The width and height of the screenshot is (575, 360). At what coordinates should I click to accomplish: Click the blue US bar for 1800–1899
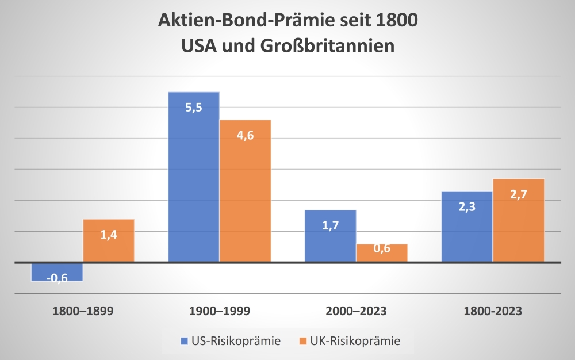57,271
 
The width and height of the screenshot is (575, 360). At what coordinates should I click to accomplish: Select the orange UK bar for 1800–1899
109,241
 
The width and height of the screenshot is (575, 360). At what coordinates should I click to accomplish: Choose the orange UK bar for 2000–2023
382,253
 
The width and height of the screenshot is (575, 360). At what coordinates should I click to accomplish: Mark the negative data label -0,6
57,278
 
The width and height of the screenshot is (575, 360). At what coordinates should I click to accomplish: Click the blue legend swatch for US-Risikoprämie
184,341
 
